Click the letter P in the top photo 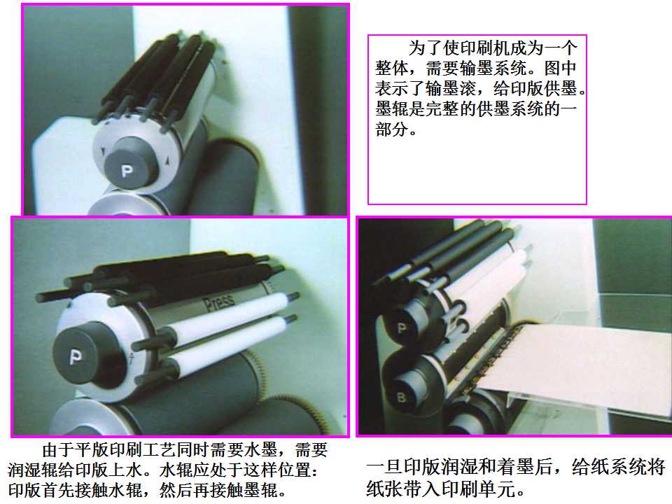127,171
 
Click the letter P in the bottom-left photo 76,356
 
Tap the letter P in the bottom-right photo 402,328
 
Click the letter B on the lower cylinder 401,398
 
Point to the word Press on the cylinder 218,302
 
